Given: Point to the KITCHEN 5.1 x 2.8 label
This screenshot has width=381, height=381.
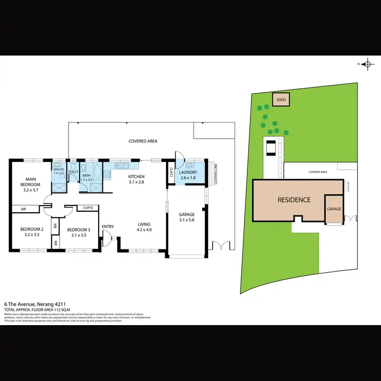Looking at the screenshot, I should pyautogui.click(x=137, y=179).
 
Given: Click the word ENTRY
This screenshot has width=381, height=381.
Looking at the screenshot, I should pyautogui.click(x=108, y=226).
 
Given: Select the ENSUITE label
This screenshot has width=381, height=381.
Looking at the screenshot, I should pyautogui.click(x=59, y=171).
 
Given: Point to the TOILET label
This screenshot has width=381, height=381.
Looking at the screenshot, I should pyautogui.click(x=73, y=172).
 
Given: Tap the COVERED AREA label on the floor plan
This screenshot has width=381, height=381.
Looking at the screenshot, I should pyautogui.click(x=142, y=141).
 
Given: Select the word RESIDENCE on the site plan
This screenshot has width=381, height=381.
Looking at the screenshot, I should pyautogui.click(x=294, y=200).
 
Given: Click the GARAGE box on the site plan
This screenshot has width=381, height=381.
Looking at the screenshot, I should pyautogui.click(x=334, y=208).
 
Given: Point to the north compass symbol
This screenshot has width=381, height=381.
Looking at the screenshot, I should pyautogui.click(x=365, y=63).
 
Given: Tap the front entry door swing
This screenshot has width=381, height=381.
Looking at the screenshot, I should pyautogui.click(x=106, y=238).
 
